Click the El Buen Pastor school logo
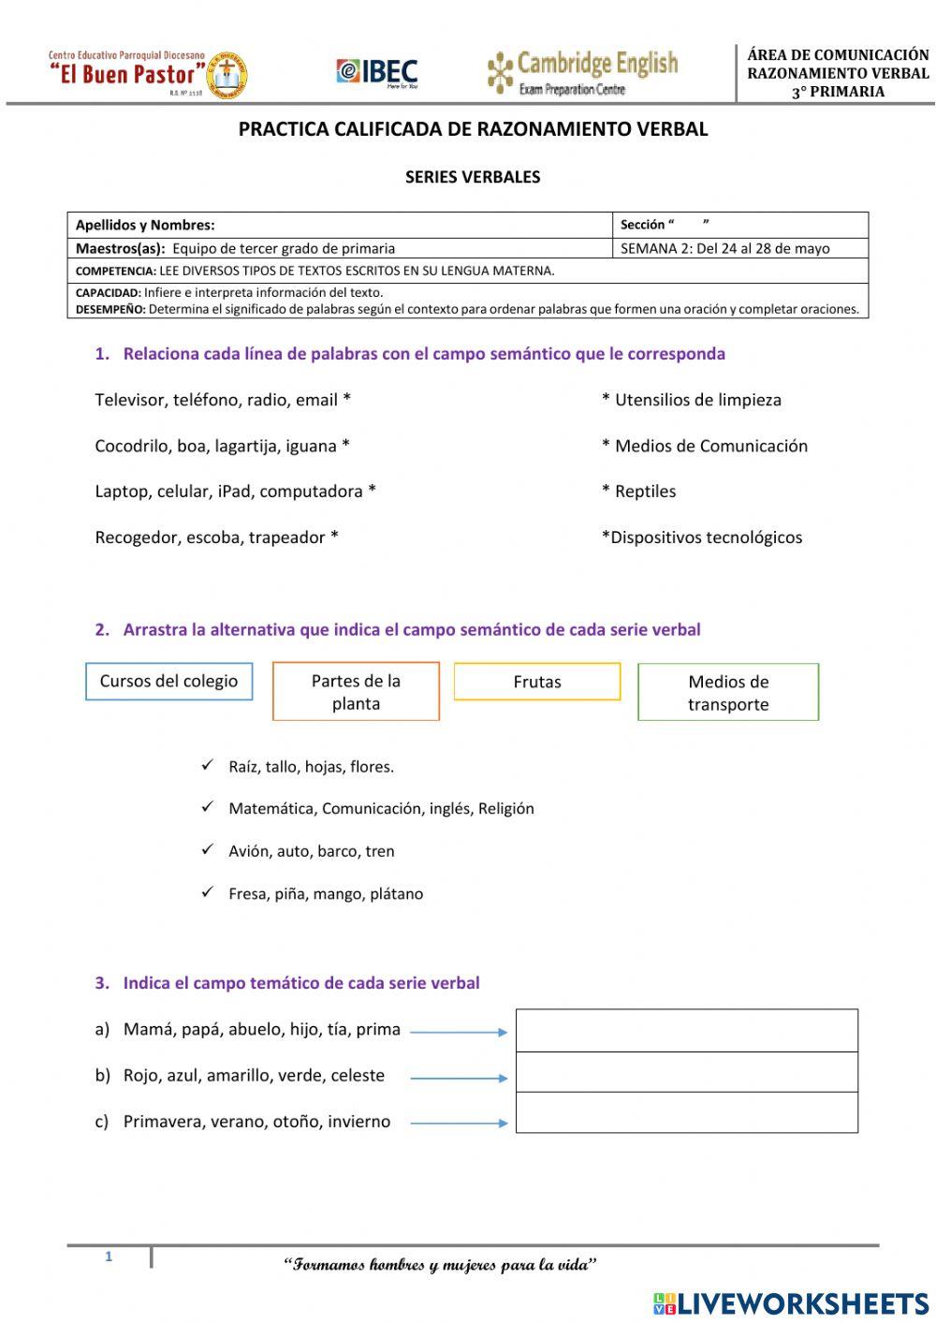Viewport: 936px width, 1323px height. point(148,74)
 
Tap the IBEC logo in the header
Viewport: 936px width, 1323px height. point(377,73)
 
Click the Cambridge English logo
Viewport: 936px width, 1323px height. point(582,73)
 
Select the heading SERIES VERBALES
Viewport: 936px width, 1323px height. point(472,177)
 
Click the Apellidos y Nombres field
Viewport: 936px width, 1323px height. point(339,225)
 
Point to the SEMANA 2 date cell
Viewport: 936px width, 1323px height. point(739,248)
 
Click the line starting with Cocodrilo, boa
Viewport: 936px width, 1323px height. point(222,446)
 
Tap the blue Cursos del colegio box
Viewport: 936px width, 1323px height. point(169,682)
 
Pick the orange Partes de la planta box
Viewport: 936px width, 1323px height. point(356,692)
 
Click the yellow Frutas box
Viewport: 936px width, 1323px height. point(537,682)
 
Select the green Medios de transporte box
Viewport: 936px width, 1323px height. point(728,693)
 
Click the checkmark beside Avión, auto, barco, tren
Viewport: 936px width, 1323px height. point(208,850)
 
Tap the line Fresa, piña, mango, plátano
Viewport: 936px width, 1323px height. point(325,894)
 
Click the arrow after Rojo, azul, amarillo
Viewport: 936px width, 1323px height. point(458,1078)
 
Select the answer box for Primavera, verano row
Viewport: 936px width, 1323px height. point(686,1113)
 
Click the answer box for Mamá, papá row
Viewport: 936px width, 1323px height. point(686,1030)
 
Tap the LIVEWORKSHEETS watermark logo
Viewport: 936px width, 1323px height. point(790,1302)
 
